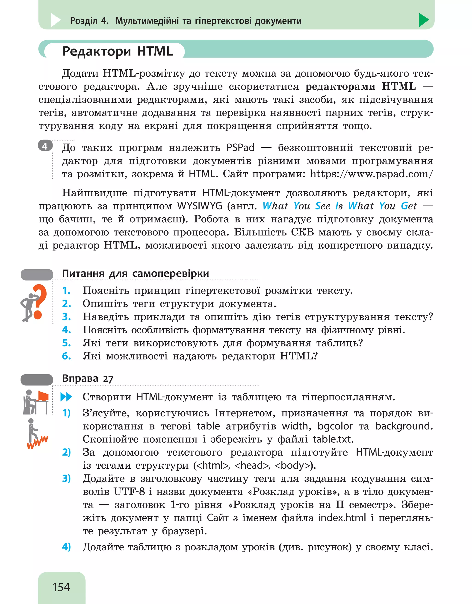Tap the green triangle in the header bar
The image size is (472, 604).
[x=423, y=20]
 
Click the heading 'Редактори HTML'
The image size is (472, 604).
[x=117, y=51]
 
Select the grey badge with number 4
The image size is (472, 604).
[x=45, y=146]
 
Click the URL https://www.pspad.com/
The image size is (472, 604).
[x=371, y=174]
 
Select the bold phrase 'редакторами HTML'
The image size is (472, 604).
[x=360, y=87]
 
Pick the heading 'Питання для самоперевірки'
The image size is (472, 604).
[x=135, y=273]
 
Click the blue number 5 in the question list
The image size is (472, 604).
[x=66, y=343]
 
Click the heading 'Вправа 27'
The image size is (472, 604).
[x=88, y=378]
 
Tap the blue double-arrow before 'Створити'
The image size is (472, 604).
[x=66, y=397]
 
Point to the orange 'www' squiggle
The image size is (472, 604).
[x=37, y=442]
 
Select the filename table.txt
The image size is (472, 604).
[x=333, y=439]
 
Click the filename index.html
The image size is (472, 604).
[x=342, y=518]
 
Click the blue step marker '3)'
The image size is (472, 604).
[x=66, y=479]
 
